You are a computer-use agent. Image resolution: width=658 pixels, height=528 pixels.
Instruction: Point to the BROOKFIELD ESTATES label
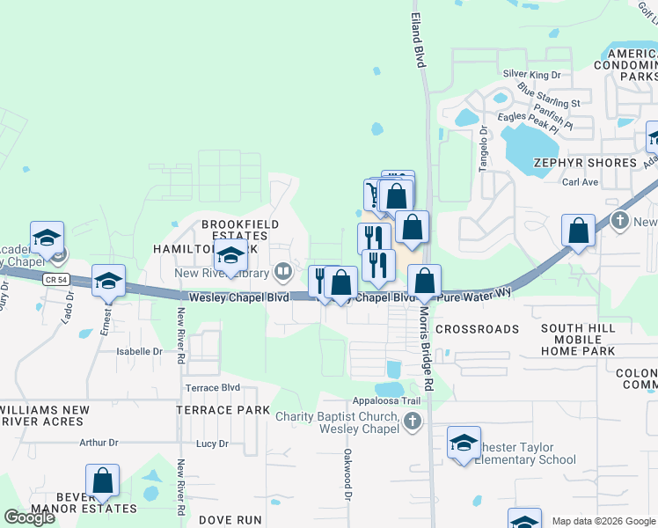coord(234,230)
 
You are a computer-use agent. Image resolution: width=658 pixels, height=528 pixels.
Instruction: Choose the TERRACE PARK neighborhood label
coord(223,410)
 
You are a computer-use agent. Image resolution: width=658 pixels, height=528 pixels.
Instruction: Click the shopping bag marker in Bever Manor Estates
coord(102,481)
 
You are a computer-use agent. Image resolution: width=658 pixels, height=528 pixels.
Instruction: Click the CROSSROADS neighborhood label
coord(477,329)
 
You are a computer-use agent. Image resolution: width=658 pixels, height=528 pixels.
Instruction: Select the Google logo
coord(29,517)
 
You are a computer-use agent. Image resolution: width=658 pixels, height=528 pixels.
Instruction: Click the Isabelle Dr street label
coord(140,350)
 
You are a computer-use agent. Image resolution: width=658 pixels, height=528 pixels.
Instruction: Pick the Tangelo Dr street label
coord(483,148)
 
